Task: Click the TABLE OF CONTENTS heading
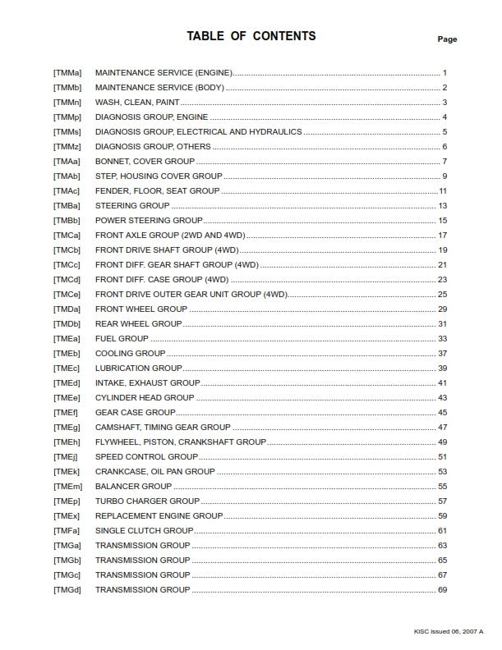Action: pyautogui.click(x=251, y=36)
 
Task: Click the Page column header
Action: pyautogui.click(x=447, y=39)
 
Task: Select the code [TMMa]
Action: pyautogui.click(x=67, y=73)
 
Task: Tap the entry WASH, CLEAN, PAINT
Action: pyautogui.click(x=137, y=103)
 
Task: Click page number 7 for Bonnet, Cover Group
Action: pyautogui.click(x=444, y=162)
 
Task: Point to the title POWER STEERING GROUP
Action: pyautogui.click(x=148, y=221)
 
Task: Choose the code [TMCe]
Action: pyautogui.click(x=67, y=294)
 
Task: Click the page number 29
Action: pyautogui.click(x=442, y=309)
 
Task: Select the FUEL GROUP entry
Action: pyautogui.click(x=122, y=338)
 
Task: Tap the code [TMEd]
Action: pyautogui.click(x=67, y=382)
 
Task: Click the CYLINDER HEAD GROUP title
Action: pyautogui.click(x=145, y=397)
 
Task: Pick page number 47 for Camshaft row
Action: pyautogui.click(x=442, y=427)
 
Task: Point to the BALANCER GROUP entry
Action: pyautogui.click(x=133, y=486)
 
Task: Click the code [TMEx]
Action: pyautogui.click(x=67, y=515)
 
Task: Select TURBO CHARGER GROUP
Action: pyautogui.click(x=147, y=501)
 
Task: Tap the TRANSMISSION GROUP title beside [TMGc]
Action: pyautogui.click(x=142, y=574)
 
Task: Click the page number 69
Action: pyautogui.click(x=442, y=589)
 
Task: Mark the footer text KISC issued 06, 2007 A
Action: pyautogui.click(x=449, y=631)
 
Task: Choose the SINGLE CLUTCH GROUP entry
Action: pyautogui.click(x=144, y=530)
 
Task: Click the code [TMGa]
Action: pyautogui.click(x=67, y=545)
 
